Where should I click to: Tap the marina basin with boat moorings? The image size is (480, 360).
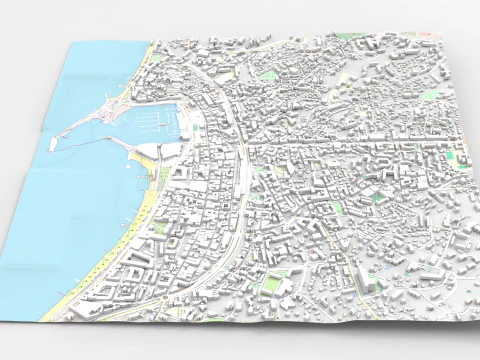click(x=155, y=122)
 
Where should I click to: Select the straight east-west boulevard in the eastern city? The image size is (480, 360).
click(x=350, y=143)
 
